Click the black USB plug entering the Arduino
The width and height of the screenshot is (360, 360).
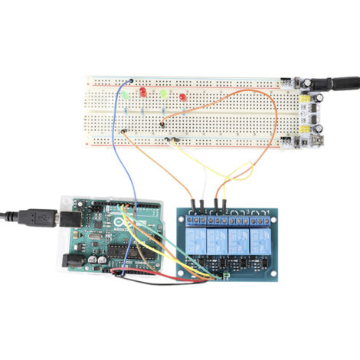pos(38,218)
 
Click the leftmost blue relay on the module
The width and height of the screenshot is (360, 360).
pos(197,240)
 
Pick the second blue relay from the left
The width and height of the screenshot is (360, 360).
pos(217,240)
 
